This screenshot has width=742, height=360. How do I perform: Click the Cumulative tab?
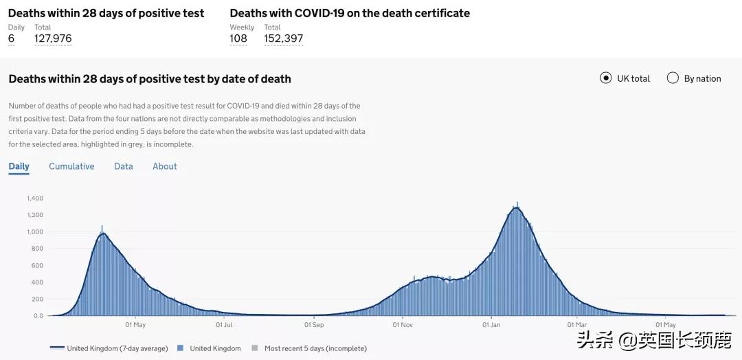[71, 166]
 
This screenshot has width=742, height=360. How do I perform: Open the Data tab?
[124, 166]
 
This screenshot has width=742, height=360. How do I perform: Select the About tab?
[165, 166]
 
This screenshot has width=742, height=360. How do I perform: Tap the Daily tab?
[19, 166]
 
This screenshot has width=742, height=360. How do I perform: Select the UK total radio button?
[606, 78]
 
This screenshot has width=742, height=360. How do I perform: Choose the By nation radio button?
[673, 78]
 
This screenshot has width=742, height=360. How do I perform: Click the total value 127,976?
[53, 38]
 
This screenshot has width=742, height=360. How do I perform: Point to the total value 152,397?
[284, 38]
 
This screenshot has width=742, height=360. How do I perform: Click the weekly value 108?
[238, 38]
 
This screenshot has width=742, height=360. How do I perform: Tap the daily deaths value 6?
[11, 38]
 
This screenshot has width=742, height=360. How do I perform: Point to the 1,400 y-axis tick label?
[35, 199]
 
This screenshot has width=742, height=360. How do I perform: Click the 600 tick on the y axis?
[37, 266]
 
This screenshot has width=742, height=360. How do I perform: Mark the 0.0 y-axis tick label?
[38, 316]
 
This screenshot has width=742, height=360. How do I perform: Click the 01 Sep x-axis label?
[314, 325]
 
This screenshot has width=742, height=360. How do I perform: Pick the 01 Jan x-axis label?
[491, 325]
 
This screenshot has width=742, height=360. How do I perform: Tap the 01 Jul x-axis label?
[224, 325]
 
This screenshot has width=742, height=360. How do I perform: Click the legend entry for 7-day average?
[117, 348]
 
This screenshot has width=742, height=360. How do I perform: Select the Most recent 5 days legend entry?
[315, 348]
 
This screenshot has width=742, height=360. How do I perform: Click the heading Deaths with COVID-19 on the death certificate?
[350, 13]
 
